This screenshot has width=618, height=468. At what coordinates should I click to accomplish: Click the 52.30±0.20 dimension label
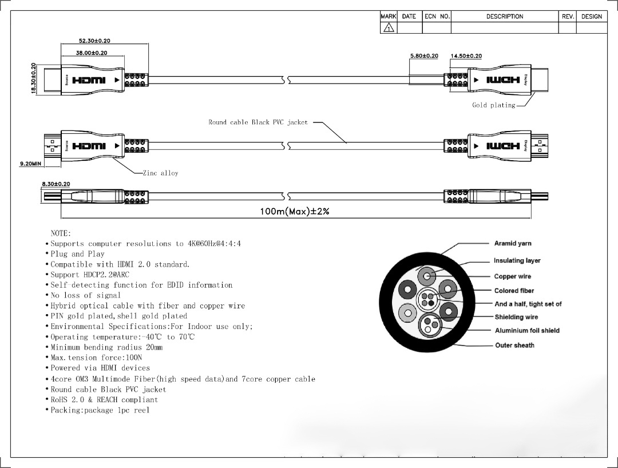pyautogui.click(x=94, y=41)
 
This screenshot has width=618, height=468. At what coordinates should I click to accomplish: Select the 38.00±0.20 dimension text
pyautogui.click(x=92, y=53)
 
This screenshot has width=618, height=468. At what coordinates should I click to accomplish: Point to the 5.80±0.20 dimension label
pyautogui.click(x=424, y=56)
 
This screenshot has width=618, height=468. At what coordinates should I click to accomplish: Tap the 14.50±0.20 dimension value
pyautogui.click(x=466, y=56)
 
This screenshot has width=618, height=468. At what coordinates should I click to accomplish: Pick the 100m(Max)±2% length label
pyautogui.click(x=295, y=212)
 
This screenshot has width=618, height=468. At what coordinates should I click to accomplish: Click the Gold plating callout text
pyautogui.click(x=493, y=105)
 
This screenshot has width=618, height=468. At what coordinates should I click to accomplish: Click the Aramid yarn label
pyautogui.click(x=513, y=244)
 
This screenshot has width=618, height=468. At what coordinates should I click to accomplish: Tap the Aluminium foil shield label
pyautogui.click(x=527, y=331)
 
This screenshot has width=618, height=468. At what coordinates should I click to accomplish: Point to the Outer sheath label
pyautogui.click(x=514, y=346)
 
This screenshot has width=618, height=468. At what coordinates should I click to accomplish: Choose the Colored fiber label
pyautogui.click(x=514, y=291)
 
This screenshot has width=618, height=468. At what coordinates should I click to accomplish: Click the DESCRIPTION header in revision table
pyautogui.click(x=505, y=17)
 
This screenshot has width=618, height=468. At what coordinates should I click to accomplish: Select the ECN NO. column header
pyautogui.click(x=437, y=17)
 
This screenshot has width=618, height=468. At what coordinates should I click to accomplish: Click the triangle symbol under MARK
pyautogui.click(x=389, y=27)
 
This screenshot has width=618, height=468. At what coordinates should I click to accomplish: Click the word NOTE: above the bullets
pyautogui.click(x=61, y=233)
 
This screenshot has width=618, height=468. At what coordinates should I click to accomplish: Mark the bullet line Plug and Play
pyautogui.click(x=77, y=254)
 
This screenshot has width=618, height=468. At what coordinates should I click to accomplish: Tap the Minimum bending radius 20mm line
pyautogui.click(x=106, y=347)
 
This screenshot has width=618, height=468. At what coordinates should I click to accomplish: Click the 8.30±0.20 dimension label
pyautogui.click(x=56, y=184)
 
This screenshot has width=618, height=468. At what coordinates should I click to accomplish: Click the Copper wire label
pyautogui.click(x=513, y=277)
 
